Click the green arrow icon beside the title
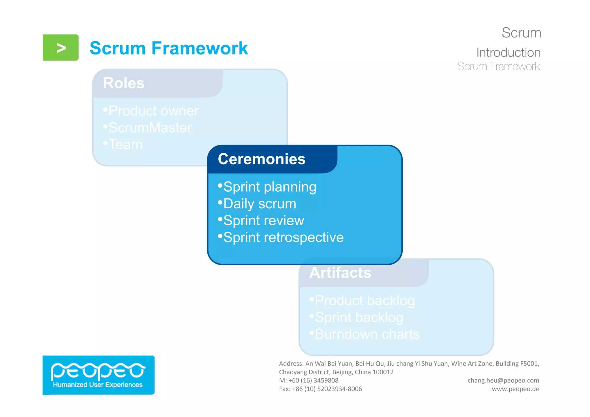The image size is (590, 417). pyautogui.click(x=60, y=48)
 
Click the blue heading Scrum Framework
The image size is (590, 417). pyautogui.click(x=169, y=48)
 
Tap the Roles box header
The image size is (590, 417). pyautogui.click(x=124, y=83)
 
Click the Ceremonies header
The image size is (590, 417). pyautogui.click(x=261, y=159)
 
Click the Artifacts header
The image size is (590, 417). pyautogui.click(x=340, y=273)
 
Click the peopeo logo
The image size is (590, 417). pyautogui.click(x=98, y=375)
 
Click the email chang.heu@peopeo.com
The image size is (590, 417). pyautogui.click(x=503, y=380)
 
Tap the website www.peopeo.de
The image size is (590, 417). pyautogui.click(x=515, y=389)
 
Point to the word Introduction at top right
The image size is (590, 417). pyautogui.click(x=508, y=52)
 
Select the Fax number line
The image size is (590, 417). pyautogui.click(x=320, y=389)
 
